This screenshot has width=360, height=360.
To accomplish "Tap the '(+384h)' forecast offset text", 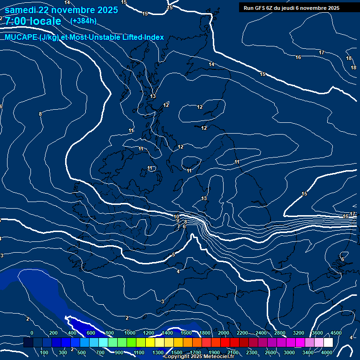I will [83, 21].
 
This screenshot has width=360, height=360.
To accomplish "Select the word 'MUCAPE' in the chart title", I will [21, 37].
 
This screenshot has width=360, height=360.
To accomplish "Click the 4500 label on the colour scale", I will [336, 333].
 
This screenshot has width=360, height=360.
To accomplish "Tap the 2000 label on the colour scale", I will [224, 333].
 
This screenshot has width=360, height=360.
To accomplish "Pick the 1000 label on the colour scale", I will [130, 333].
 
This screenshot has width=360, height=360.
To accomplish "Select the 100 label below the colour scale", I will [45, 352].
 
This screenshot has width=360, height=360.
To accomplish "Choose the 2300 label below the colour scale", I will [252, 352].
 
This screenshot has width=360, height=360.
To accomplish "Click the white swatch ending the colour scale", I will [328, 343].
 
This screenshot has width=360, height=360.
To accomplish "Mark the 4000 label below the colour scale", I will [327, 352].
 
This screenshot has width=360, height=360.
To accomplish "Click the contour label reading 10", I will [176, 217].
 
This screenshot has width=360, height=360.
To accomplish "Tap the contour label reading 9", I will [178, 221].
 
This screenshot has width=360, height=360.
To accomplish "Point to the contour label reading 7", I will [178, 227].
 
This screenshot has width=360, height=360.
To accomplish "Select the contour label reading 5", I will [173, 255].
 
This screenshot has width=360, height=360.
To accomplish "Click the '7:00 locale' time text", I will [33, 21].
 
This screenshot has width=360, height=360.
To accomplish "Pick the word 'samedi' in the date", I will [21, 10].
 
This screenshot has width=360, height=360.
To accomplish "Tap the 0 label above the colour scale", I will [32, 333].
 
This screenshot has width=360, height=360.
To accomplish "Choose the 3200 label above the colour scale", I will [299, 333].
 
